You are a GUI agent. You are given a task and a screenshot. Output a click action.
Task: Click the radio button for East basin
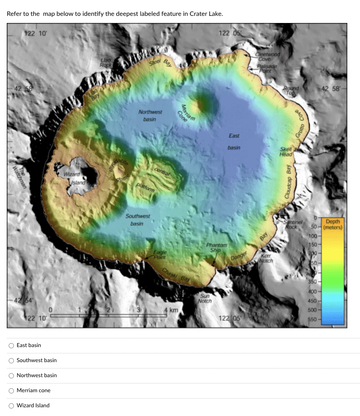point(11,345)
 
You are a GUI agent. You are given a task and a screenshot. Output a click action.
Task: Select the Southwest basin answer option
point(11,361)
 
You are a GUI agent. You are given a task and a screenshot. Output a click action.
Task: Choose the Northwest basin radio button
point(11,376)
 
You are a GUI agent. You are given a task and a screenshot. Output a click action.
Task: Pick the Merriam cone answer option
point(11,391)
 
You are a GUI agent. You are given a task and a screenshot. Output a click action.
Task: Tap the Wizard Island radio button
point(11,406)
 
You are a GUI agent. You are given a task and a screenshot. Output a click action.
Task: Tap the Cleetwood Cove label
point(268,57)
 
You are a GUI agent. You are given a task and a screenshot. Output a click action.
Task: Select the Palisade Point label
point(267,69)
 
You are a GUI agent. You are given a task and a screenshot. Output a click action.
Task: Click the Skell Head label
point(286,152)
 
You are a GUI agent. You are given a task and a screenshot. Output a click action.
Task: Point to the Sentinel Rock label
point(293,225)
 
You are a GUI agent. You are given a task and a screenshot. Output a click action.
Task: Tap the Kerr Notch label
point(266,258)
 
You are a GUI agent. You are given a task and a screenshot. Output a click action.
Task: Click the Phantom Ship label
point(216,248)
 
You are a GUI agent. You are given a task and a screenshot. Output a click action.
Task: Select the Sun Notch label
point(205,298)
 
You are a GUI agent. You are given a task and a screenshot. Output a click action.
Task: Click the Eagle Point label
point(160,254)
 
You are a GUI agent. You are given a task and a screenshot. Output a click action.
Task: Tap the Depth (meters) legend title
point(333,225)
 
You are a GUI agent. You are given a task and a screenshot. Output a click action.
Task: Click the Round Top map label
point(290,90)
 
